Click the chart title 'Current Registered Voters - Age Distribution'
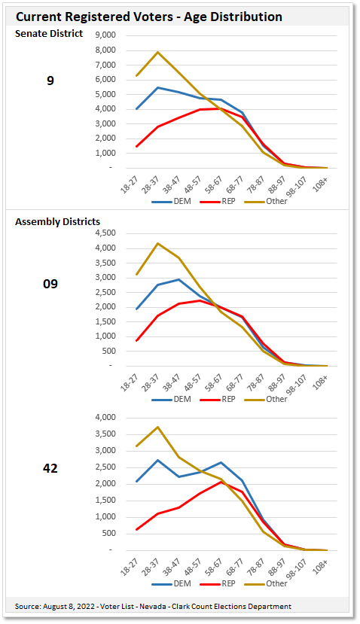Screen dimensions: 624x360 click(149, 17)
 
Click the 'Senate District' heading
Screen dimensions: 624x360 click(49, 34)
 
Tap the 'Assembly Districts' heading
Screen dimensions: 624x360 click(57, 221)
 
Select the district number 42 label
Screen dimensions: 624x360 click(50, 468)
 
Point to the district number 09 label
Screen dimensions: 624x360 click(50, 284)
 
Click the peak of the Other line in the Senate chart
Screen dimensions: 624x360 click(157, 52)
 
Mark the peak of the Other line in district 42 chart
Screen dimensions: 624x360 click(157, 427)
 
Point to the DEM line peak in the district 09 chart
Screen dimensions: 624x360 click(178, 279)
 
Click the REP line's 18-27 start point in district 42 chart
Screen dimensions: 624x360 click(136, 529)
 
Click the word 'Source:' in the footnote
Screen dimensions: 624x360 click(28, 607)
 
